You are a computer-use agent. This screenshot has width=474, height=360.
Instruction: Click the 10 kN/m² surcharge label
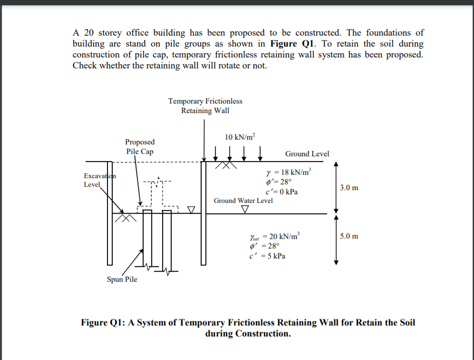pyautogui.click(x=240, y=137)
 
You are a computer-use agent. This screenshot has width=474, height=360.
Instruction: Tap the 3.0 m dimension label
pyautogui.click(x=349, y=188)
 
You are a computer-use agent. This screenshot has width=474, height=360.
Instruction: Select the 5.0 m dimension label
pyautogui.click(x=349, y=236)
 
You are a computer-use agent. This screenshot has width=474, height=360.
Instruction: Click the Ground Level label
pyautogui.click(x=307, y=154)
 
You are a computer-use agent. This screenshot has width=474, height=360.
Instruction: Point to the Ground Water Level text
pyautogui.click(x=243, y=200)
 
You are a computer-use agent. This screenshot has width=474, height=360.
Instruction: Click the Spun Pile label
pyautogui.click(x=122, y=279)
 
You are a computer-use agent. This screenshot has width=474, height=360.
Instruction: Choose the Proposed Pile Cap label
pyautogui.click(x=140, y=146)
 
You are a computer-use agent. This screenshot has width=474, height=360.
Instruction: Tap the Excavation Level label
pyautogui.click(x=100, y=180)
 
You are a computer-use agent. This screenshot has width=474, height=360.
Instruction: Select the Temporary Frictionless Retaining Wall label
pyautogui.click(x=205, y=106)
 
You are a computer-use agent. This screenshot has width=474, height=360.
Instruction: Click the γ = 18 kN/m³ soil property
pyautogui.click(x=289, y=172)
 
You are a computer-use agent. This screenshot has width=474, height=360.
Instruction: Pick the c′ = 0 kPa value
pyautogui.click(x=282, y=192)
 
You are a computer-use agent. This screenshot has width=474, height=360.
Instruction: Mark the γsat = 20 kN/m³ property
pyautogui.click(x=275, y=236)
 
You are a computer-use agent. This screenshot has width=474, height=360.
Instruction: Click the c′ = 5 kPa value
pyautogui.click(x=267, y=256)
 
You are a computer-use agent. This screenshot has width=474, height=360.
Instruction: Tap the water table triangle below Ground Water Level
pyautogui.click(x=245, y=209)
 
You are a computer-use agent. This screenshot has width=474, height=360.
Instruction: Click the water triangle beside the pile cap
pyautogui.click(x=191, y=209)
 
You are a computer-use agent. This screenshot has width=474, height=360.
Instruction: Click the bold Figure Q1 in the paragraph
pyautogui.click(x=292, y=44)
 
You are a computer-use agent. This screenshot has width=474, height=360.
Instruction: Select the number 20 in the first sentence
pyautogui.click(x=89, y=33)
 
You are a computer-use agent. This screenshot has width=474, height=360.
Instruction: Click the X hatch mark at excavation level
pyautogui.click(x=126, y=218)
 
